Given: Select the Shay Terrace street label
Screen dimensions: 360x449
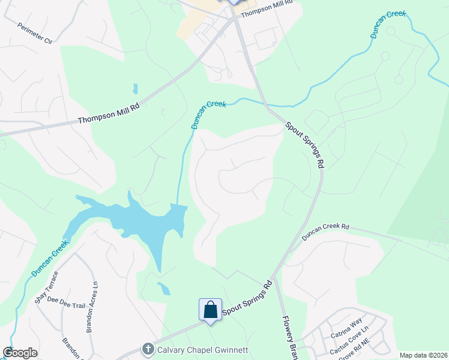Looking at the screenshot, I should pos(46,287).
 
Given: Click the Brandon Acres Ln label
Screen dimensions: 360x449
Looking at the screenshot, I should pos(91,307).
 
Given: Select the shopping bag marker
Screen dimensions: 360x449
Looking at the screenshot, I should pos(210,310).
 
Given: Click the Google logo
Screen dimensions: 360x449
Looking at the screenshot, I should pos(20,353).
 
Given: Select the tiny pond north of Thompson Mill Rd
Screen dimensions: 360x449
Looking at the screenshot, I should pos(136,89).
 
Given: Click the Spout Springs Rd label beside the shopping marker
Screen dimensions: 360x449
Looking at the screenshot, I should pos(248,298).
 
